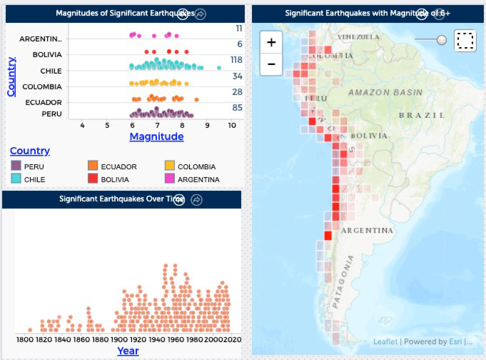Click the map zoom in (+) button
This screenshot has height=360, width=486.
coord(271,42)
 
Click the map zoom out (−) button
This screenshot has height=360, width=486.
coord(271,64)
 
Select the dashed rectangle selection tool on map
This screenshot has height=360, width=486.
coord(465,41)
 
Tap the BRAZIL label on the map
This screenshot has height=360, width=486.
coord(421,115)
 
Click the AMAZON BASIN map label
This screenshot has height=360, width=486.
coord(385,93)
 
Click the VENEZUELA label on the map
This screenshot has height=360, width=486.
coord(358,36)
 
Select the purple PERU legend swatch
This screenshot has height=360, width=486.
coord(16,166)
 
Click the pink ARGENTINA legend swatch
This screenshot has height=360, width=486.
coord(169,179)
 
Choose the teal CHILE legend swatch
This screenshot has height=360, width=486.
coord(16,179)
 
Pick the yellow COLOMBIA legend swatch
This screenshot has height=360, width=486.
coord(169,166)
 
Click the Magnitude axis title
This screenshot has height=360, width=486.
coord(156,136)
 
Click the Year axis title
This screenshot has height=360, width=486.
coord(128,351)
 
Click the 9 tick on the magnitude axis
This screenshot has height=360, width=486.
coord(207,125)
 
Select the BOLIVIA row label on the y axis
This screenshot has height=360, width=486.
coord(47,54)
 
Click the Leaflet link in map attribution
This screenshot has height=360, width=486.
coord(385,342)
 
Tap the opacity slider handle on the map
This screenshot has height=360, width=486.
coord(442,40)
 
